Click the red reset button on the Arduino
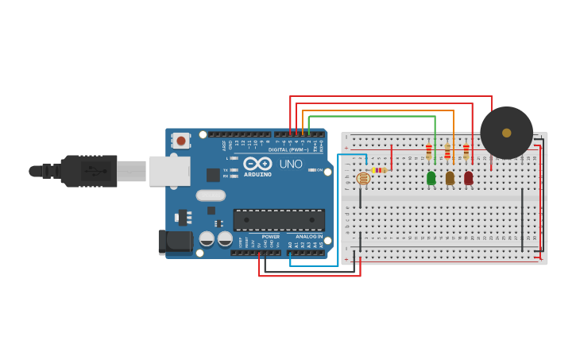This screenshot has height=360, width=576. (x=181, y=141)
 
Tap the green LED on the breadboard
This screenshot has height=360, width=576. (x=431, y=178)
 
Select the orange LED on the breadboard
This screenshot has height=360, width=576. (x=450, y=178)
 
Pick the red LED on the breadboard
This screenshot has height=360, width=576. (x=468, y=178)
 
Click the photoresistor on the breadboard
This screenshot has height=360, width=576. (x=363, y=178)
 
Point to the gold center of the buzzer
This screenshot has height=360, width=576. (x=506, y=133)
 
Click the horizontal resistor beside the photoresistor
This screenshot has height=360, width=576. (x=380, y=170)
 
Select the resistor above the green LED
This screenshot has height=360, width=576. (x=429, y=151)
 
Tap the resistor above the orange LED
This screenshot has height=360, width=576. (x=447, y=151)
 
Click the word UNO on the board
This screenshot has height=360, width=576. (x=290, y=164)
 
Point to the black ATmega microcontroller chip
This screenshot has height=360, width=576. (x=278, y=220)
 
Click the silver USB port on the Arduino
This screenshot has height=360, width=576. (x=169, y=170)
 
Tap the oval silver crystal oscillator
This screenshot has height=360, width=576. (x=211, y=195)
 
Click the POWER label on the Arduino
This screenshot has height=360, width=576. (x=270, y=236)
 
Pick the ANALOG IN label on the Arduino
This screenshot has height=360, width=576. (x=308, y=236)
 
